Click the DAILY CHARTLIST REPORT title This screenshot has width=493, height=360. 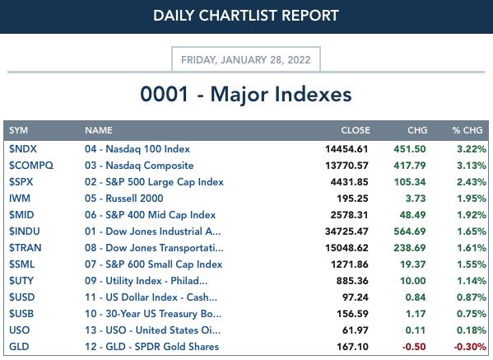[x=246, y=16]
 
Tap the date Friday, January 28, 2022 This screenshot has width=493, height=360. [x=246, y=60]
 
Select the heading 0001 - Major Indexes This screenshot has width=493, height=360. [x=246, y=94]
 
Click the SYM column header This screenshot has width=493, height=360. [x=19, y=130]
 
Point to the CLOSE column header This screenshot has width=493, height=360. [x=356, y=130]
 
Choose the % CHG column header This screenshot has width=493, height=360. [x=467, y=130]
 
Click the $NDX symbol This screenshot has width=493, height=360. [x=23, y=149]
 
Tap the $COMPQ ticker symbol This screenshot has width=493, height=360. [x=31, y=166]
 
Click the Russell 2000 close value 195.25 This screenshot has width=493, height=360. [x=352, y=199]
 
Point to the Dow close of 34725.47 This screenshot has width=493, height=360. [x=346, y=231]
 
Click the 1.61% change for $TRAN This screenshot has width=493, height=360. [x=472, y=248]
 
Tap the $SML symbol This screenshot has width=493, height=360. [x=21, y=264]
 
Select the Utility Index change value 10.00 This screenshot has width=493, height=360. [x=413, y=281]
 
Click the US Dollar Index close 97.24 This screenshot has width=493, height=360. [x=356, y=297]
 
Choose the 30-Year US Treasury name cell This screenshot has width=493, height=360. [x=153, y=314]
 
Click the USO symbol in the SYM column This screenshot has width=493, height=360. [x=20, y=330]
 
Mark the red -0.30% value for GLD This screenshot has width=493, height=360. [x=470, y=347]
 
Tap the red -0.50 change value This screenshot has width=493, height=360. [x=414, y=347]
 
